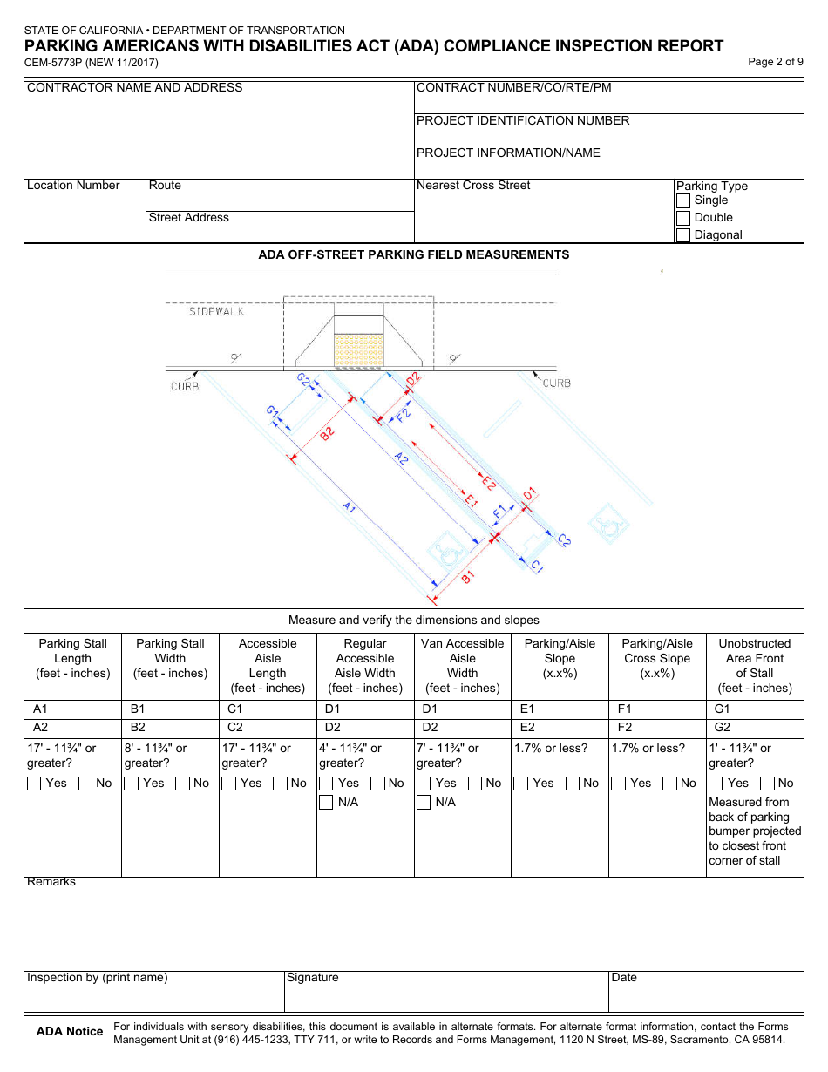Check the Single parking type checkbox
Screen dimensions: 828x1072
click(683, 200)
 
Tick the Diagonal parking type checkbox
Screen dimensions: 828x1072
click(683, 235)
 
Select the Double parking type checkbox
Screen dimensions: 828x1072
click(683, 218)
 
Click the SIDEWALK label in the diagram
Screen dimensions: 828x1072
click(216, 311)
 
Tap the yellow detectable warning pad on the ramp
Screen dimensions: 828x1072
click(359, 349)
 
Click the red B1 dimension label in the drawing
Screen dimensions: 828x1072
click(467, 576)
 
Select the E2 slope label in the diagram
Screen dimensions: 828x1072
click(490, 482)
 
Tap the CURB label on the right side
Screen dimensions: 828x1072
click(556, 383)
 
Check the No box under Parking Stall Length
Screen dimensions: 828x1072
click(85, 784)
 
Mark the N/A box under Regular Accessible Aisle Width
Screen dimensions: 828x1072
click(326, 803)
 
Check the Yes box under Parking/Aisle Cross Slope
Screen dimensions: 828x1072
click(619, 784)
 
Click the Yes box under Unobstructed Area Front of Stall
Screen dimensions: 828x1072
click(716, 784)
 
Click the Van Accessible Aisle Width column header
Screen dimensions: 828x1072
click(462, 665)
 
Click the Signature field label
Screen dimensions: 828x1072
click(313, 978)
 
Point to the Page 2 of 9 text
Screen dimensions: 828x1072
click(776, 62)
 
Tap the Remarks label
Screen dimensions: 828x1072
click(51, 882)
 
